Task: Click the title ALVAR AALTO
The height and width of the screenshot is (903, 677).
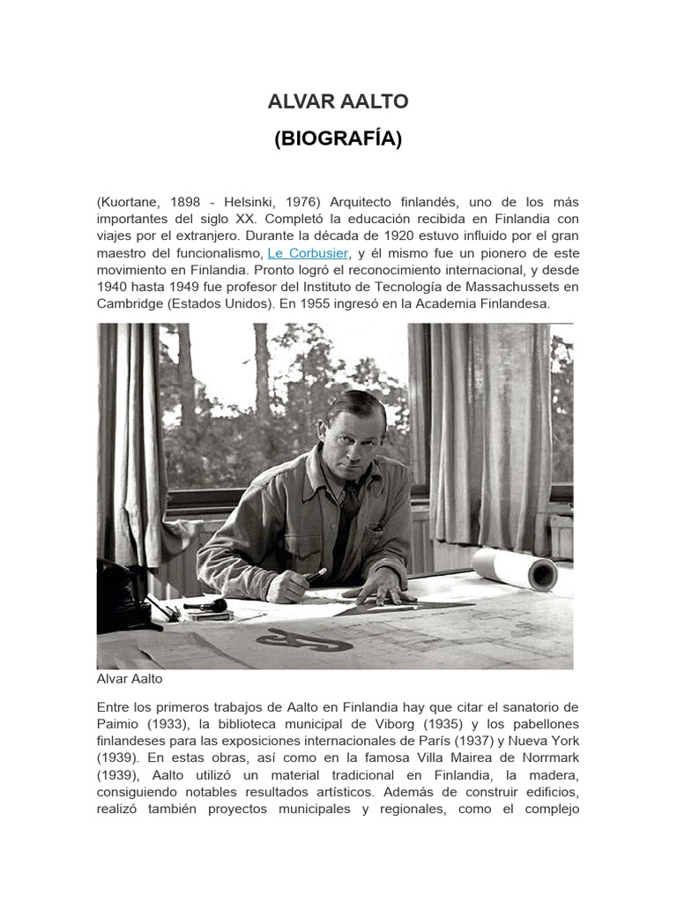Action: pos(338,101)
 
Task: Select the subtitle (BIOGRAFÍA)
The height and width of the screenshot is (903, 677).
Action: pos(338,138)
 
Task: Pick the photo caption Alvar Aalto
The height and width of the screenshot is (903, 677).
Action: pos(130,680)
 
